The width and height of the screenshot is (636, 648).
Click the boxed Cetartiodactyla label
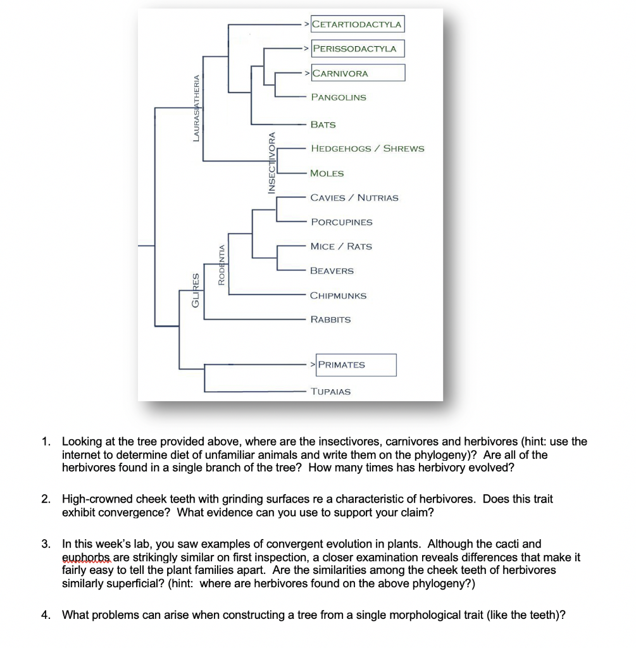[358, 24]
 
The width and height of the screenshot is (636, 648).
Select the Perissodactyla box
[358, 49]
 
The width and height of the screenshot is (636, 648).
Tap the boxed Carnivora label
[358, 73]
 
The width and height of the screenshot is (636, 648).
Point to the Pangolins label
[338, 97]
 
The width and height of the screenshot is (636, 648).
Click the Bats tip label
[323, 125]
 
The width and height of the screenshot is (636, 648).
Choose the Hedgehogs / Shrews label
[367, 149]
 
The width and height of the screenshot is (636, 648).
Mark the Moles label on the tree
[327, 173]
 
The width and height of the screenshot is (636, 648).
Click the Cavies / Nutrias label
[354, 198]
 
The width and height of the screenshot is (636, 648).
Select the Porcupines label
[341, 222]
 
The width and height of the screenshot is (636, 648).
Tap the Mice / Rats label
[341, 246]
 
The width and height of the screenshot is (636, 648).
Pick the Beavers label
[332, 271]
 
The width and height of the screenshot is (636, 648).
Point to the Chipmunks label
[338, 296]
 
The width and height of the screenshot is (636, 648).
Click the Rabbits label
[330, 320]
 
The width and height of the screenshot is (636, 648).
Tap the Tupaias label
[330, 392]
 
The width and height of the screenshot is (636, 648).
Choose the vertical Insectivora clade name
[272, 162]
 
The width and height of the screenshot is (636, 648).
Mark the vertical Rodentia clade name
[221, 265]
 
